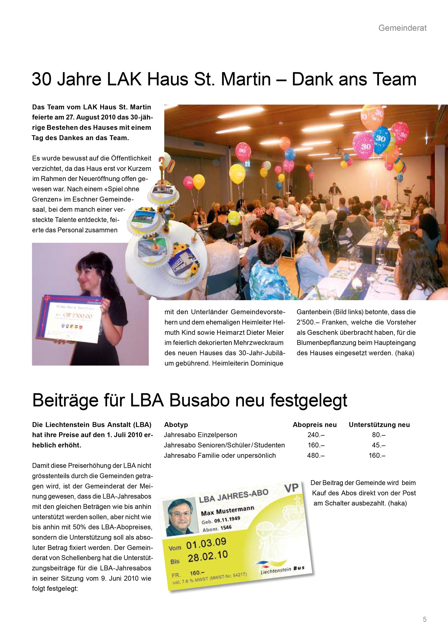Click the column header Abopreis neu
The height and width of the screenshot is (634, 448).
(315, 425)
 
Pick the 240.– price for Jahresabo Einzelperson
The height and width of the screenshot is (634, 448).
(316, 435)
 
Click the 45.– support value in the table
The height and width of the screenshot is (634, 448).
(378, 445)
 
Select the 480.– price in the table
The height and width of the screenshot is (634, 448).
(316, 455)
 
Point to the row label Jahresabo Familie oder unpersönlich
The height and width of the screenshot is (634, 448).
(220, 455)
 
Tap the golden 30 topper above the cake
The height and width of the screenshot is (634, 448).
(167, 165)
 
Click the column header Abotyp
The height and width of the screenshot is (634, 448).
(176, 425)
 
